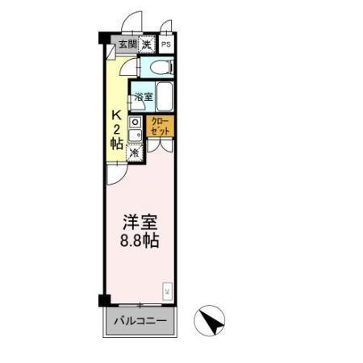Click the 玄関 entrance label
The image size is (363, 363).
[x=128, y=44]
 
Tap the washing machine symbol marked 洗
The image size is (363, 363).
[x=147, y=44]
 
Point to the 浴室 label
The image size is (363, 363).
[x=141, y=97]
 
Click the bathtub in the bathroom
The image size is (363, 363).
[x=164, y=98]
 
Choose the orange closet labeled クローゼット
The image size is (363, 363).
[x=159, y=127]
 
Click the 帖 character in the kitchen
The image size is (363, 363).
[x=116, y=143]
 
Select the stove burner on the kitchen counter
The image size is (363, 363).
[x=136, y=123]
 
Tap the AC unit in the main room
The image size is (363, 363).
[x=167, y=289]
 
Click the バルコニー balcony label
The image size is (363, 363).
[x=140, y=321]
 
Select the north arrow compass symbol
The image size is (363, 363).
[x=212, y=321]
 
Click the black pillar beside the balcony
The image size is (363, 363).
[x=103, y=301]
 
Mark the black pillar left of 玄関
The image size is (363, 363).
[x=103, y=38]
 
